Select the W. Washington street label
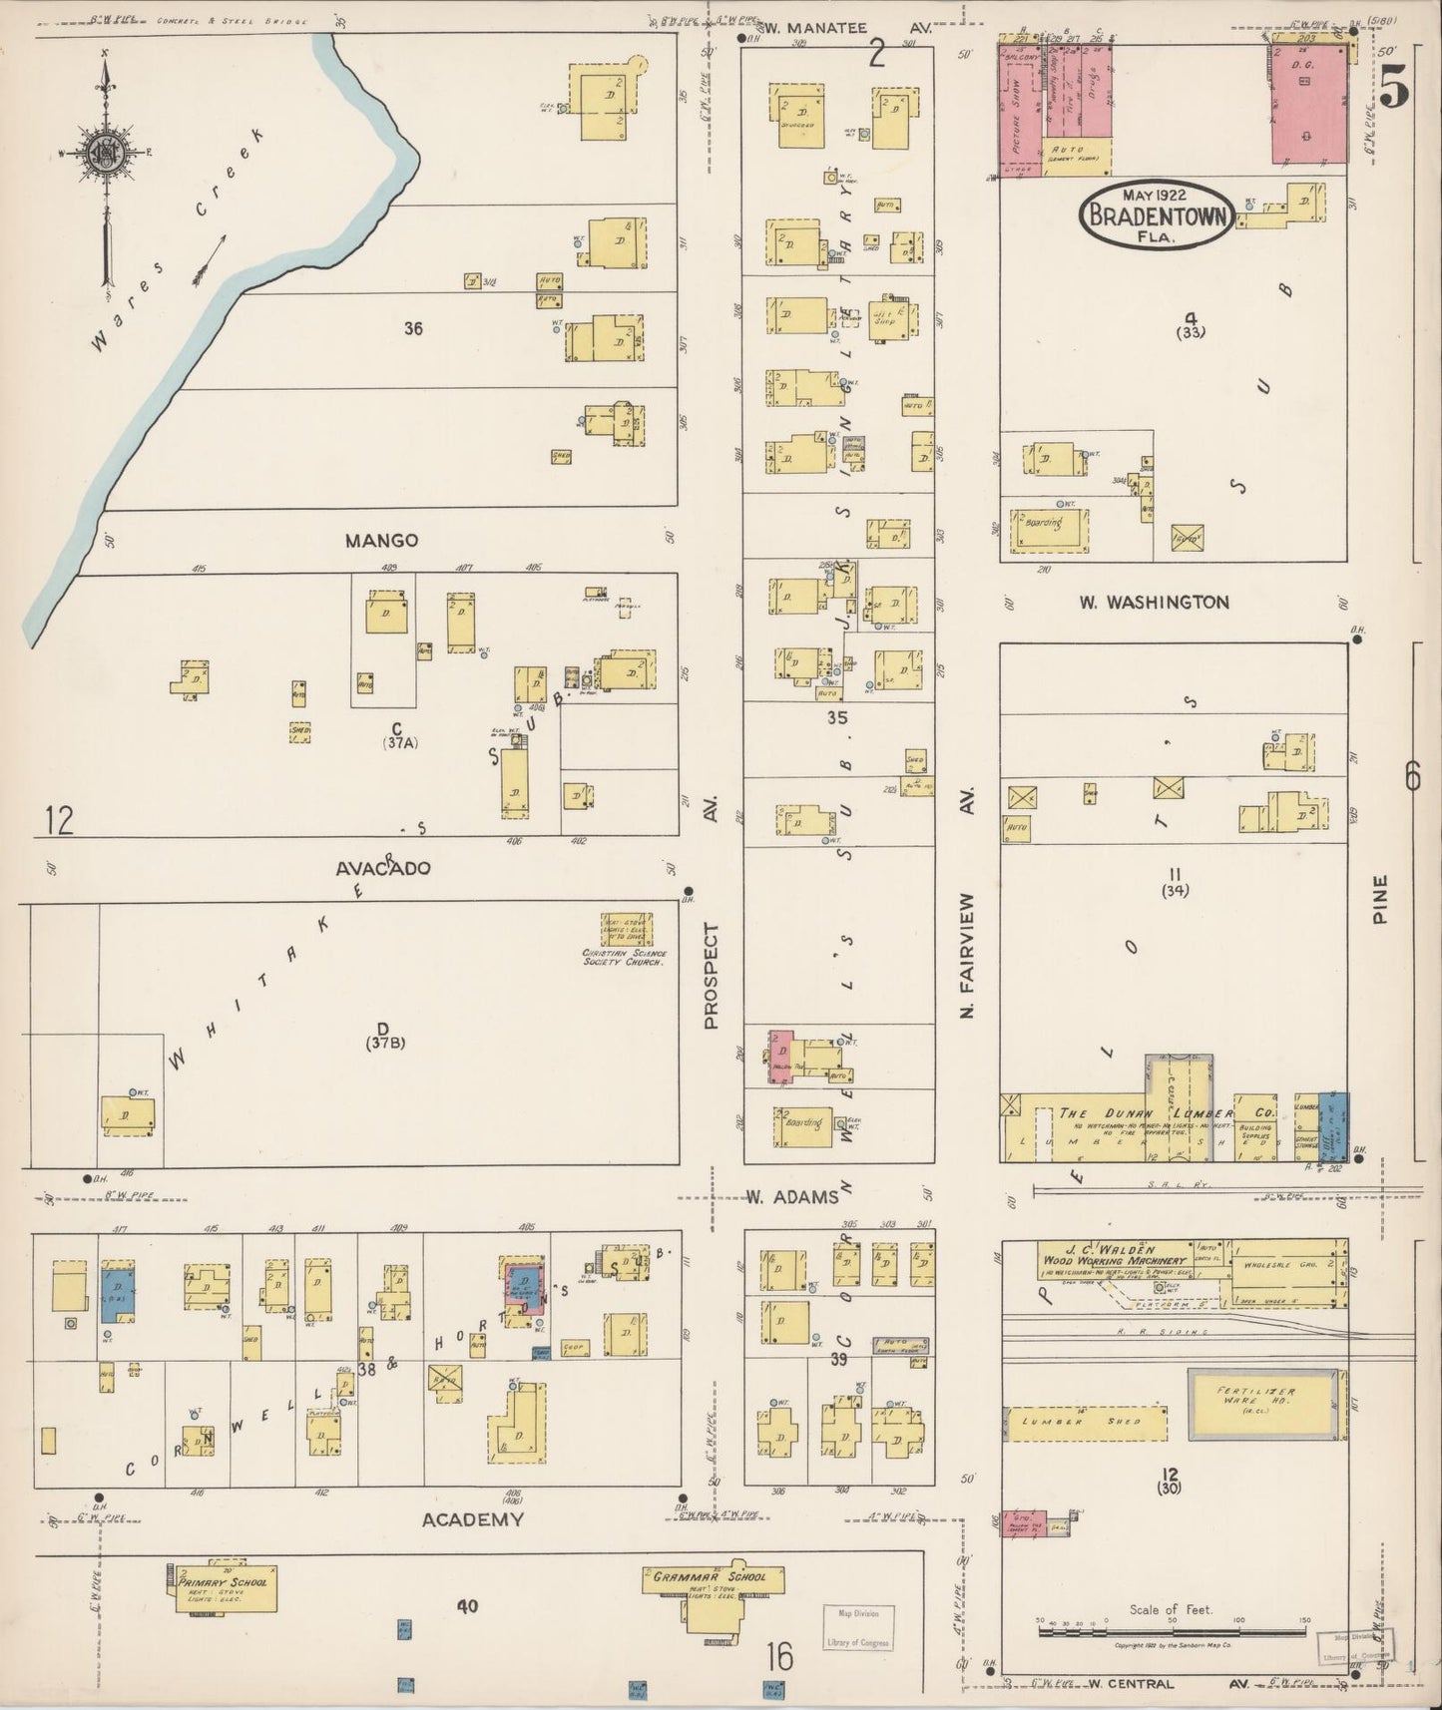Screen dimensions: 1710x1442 pyautogui.click(x=1154, y=602)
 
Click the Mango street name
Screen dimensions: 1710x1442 pyautogui.click(x=381, y=541)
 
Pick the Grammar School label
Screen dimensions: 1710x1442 pyautogui.click(x=710, y=1577)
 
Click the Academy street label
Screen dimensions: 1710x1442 pyautogui.click(x=472, y=1519)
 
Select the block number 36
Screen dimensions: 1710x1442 pyautogui.click(x=412, y=327)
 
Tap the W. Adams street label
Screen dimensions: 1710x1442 pyautogui.click(x=792, y=1196)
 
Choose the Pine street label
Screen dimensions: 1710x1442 pyautogui.click(x=1380, y=899)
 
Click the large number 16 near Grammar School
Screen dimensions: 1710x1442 pyautogui.click(x=779, y=1657)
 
